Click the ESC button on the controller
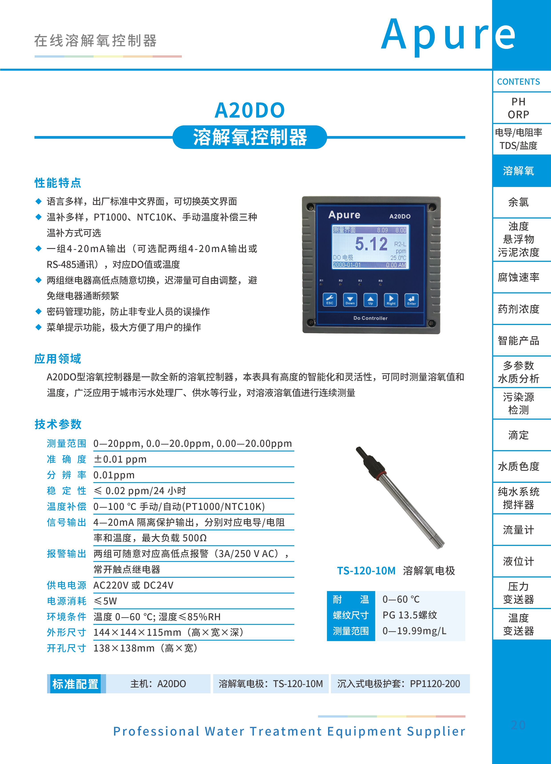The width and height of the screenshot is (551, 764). [x=329, y=299]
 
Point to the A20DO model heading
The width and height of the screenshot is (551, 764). [x=250, y=110]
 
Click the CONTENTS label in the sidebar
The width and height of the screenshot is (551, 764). [x=518, y=82]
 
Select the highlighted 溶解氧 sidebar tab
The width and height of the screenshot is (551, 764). [x=518, y=171]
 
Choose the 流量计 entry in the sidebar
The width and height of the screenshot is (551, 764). [x=518, y=530]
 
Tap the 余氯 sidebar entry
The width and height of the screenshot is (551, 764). [x=518, y=202]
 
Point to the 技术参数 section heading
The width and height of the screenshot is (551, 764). [x=58, y=424]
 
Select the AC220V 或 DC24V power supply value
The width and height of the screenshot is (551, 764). [x=133, y=585]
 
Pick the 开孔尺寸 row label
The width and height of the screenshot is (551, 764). [x=66, y=648]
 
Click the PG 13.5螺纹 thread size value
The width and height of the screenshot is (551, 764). [x=410, y=615]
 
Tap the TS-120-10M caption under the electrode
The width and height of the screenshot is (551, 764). [x=366, y=571]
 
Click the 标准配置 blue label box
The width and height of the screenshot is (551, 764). [x=75, y=684]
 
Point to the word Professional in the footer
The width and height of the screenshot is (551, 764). [x=156, y=731]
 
